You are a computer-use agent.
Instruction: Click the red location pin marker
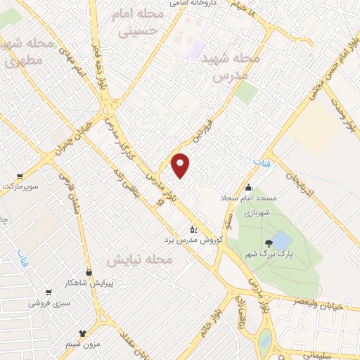(x=181, y=165)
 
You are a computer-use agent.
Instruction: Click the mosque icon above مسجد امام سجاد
(x=247, y=187)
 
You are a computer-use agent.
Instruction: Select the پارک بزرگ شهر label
(x=264, y=254)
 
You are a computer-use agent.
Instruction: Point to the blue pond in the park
(x=281, y=240)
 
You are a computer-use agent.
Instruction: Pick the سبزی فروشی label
(x=48, y=303)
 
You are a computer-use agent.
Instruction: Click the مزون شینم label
(x=83, y=344)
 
